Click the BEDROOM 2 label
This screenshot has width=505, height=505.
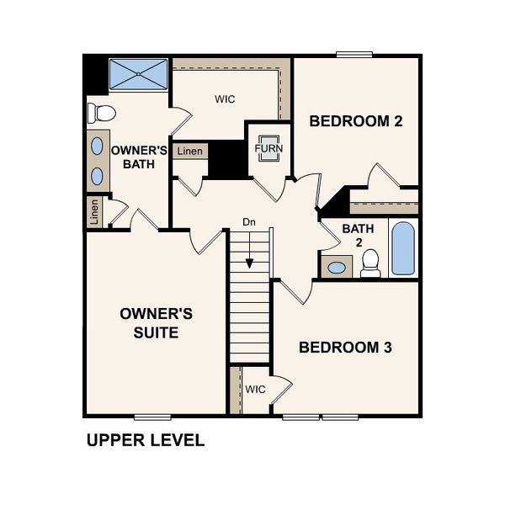pos(356,121)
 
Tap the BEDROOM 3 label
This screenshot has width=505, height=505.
pos(346,347)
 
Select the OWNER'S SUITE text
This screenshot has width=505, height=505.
pos(157,322)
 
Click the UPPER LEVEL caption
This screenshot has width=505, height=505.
pos(146,440)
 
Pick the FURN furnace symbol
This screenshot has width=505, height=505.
pos(269,147)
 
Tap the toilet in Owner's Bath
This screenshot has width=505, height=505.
pos(102,113)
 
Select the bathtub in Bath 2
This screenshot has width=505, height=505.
pos(403,247)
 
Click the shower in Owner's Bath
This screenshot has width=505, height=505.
pos(140,75)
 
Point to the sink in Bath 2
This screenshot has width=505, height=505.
pos(337,268)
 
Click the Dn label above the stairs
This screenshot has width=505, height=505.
pos(249,222)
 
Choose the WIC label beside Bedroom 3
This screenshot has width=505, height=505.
pos(256,390)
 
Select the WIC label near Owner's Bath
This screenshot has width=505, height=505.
pos(225,99)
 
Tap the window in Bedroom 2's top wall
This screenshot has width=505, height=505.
pos(354,56)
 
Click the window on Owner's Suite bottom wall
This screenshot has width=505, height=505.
pos(152,416)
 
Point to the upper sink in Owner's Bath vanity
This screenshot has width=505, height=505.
pos(97,144)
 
